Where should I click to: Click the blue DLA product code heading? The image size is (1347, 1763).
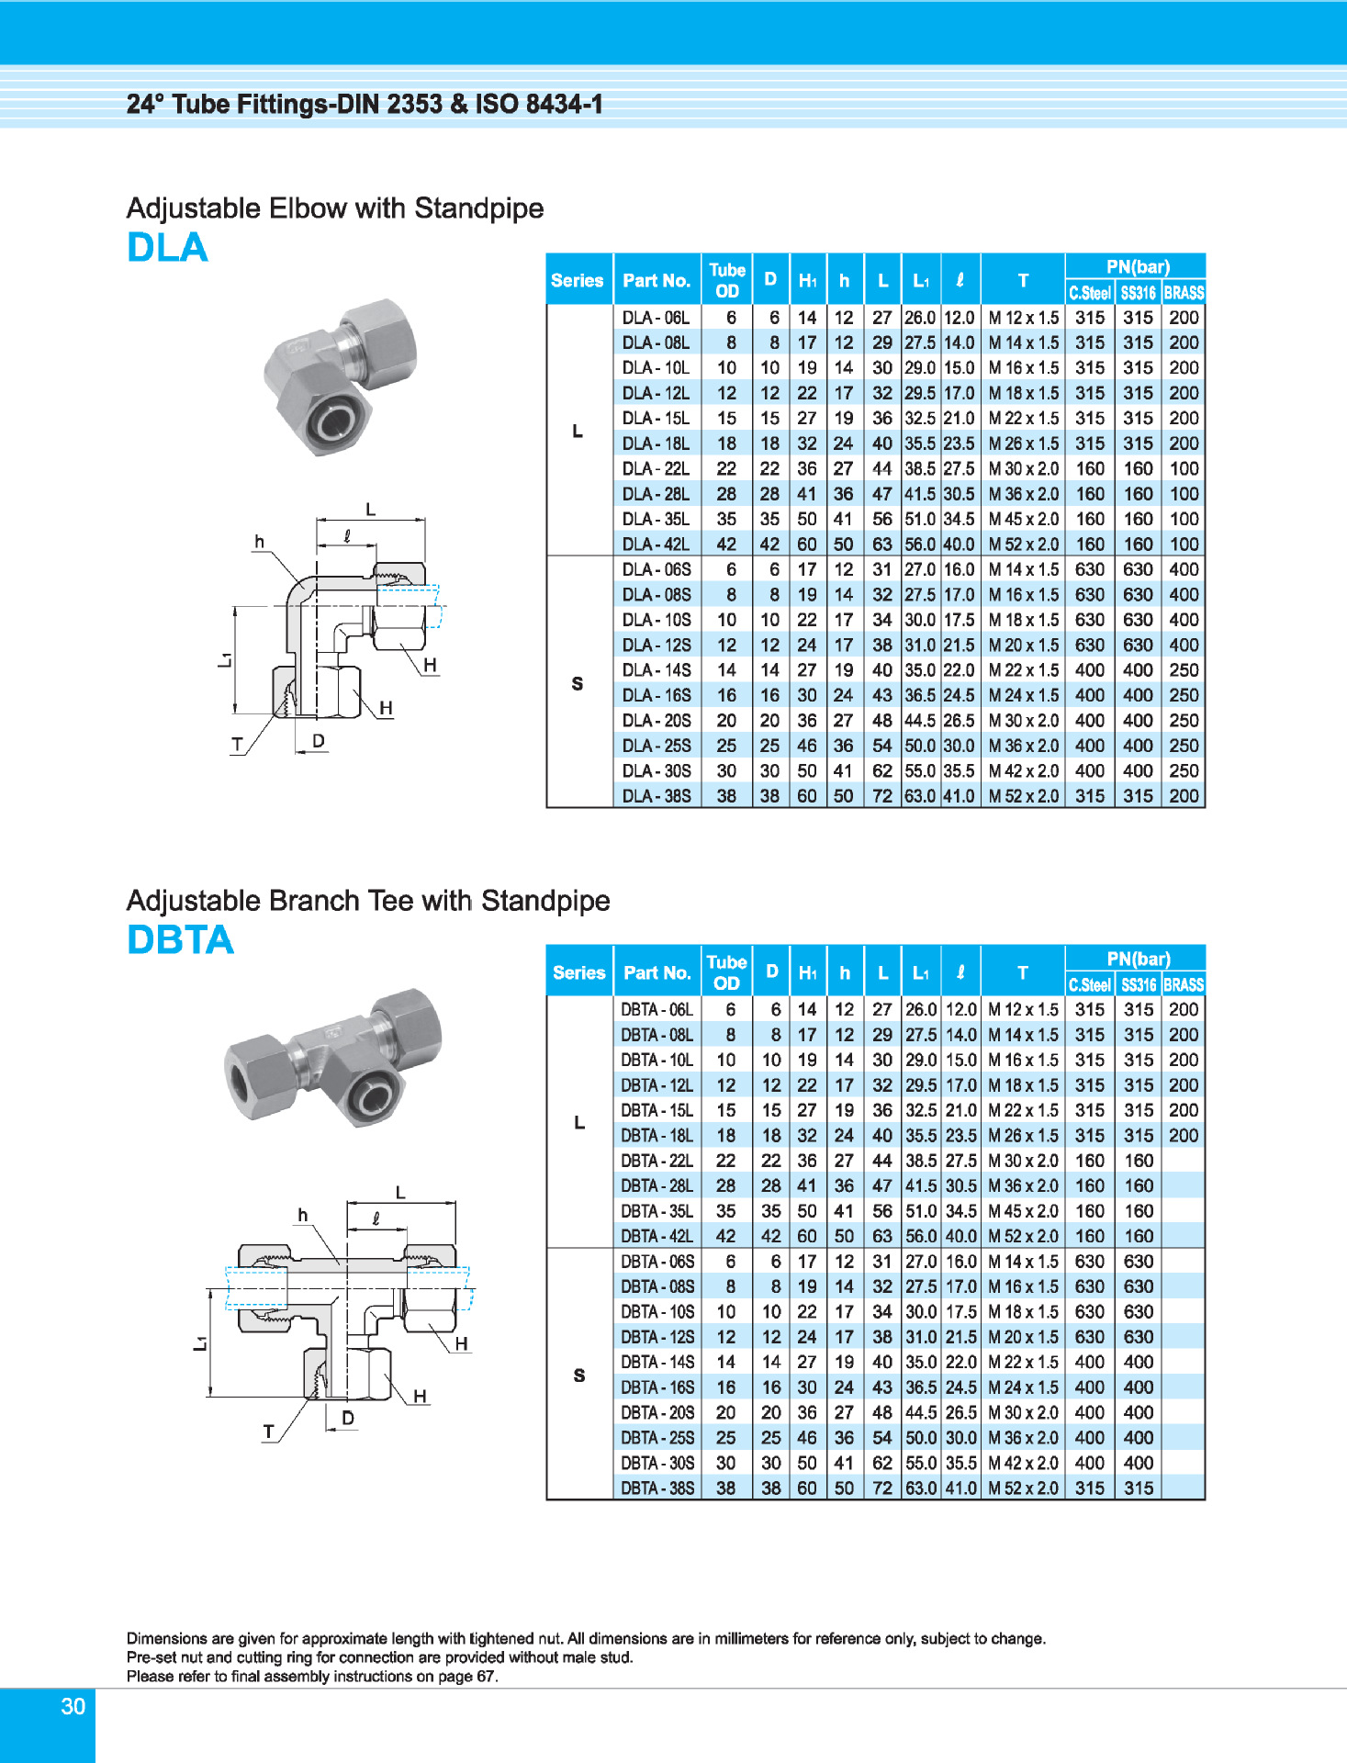167,248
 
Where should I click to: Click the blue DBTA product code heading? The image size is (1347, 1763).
180,940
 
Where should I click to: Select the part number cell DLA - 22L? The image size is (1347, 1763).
656,469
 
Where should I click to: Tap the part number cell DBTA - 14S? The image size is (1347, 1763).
657,1363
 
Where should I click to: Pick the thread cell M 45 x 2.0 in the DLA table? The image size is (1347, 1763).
1023,520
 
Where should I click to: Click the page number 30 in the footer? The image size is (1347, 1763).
73,1707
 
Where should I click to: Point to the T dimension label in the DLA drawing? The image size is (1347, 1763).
237,745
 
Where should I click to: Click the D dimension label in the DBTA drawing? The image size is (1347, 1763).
348,1419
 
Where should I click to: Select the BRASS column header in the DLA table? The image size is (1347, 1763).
1184,294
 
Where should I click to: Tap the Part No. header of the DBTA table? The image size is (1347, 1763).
657,973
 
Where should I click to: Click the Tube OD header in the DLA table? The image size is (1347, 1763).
726,281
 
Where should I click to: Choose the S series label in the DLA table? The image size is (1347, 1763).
578,684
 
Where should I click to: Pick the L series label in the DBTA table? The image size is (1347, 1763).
578,1123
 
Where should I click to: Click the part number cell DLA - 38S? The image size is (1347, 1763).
657,797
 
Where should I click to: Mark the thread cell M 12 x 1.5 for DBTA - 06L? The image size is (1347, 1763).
1023,1010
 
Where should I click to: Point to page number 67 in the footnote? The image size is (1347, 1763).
485,1677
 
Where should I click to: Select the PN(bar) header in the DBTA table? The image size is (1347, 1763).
1138,960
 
